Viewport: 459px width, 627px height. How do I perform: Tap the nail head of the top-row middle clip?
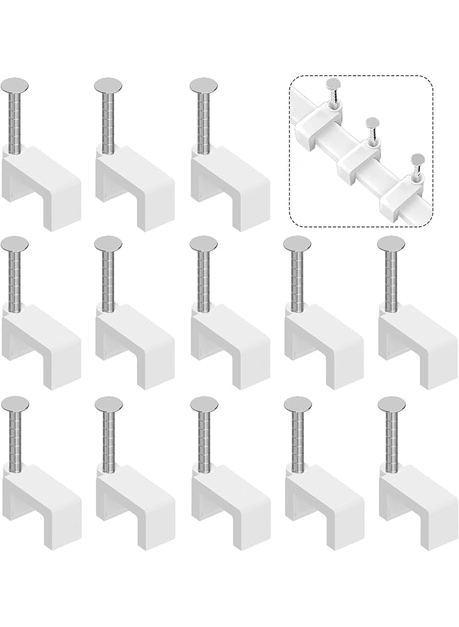click(x=108, y=84)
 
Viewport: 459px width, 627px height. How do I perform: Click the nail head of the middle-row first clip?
click(x=15, y=243)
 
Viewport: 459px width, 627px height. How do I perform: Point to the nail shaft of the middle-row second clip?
click(x=108, y=279)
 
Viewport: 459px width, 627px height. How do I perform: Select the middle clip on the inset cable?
click(x=362, y=157)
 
